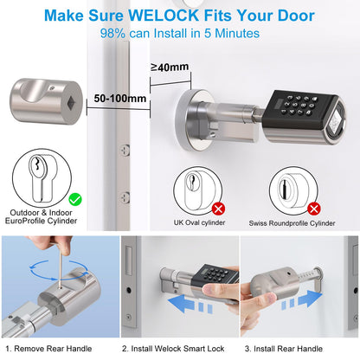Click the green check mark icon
click(75, 199)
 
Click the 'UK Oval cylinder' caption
click(200, 224)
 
